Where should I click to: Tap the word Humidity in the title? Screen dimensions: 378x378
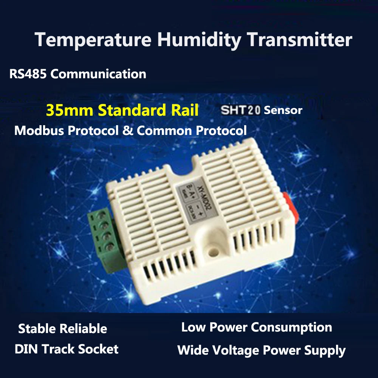(x=198, y=40)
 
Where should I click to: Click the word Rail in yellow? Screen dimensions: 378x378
(x=184, y=110)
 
